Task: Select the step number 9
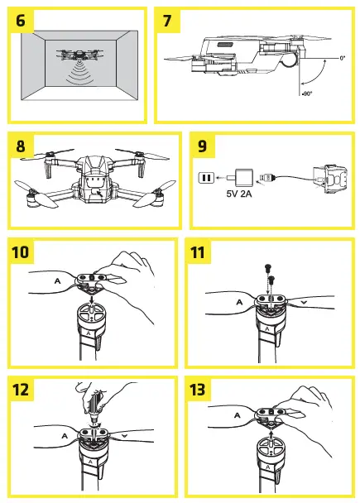[x=204, y=146]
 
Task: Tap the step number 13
[x=204, y=390]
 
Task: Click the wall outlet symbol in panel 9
[x=205, y=177]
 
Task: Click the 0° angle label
[x=342, y=58]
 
